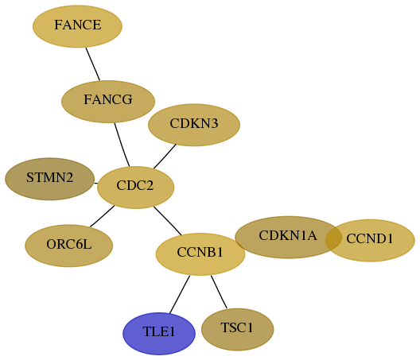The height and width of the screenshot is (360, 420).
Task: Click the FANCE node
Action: coord(77,26)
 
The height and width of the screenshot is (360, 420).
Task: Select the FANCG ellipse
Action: coord(108,102)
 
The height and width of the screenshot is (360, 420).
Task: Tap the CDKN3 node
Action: coord(194,125)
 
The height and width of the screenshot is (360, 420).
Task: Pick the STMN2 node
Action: coord(50,179)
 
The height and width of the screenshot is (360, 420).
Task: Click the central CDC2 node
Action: coord(135,188)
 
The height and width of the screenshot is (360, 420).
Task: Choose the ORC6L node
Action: coord(69,246)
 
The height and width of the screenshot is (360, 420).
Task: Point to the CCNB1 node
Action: coord(200,254)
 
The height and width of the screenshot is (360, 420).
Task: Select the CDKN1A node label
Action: coord(288,235)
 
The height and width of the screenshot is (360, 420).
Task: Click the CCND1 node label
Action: coord(370,238)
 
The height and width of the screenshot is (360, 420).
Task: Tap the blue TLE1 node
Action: coord(159,334)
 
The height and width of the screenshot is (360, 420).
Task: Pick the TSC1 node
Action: coord(237,329)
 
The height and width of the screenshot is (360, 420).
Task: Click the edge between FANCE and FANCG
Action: coord(93,64)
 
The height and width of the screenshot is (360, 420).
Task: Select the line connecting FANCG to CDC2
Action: coord(122,145)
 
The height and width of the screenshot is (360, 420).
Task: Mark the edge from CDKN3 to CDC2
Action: coord(165,157)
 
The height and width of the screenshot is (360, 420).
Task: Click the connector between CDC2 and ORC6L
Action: coord(102,216)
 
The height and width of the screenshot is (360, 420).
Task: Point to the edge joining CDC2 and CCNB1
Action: coord(167,221)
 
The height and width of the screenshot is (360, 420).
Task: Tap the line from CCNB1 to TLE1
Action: coord(180,294)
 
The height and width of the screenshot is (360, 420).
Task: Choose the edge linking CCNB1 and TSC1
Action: coord(219,292)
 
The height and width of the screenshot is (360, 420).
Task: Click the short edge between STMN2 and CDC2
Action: coord(96,184)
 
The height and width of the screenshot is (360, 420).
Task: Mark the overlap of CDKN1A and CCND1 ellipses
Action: coord(333,238)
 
